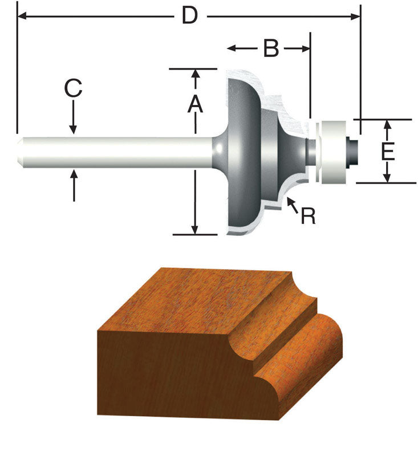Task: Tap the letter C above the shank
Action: click(73, 89)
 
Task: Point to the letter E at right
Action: click(387, 152)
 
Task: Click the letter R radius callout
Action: click(308, 216)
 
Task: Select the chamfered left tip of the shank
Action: click(21, 152)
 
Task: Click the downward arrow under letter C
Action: click(74, 127)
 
